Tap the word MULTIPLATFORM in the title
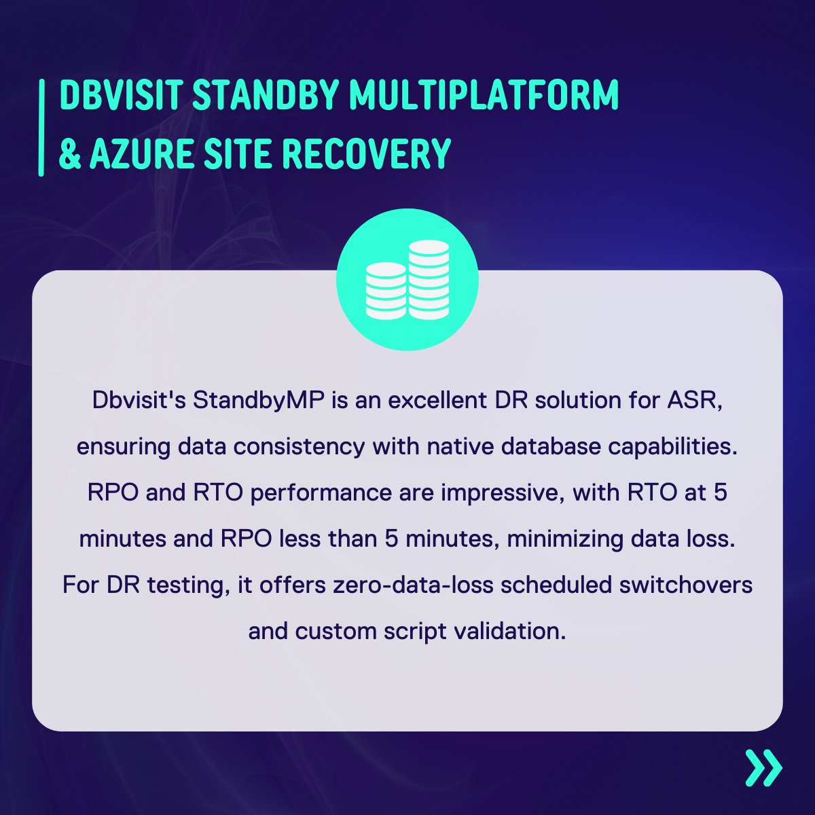484,96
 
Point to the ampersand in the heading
69,154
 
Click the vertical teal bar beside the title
42,128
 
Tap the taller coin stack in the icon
429,279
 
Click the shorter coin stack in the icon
386,291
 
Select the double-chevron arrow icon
763,768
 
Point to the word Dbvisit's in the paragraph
139,400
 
